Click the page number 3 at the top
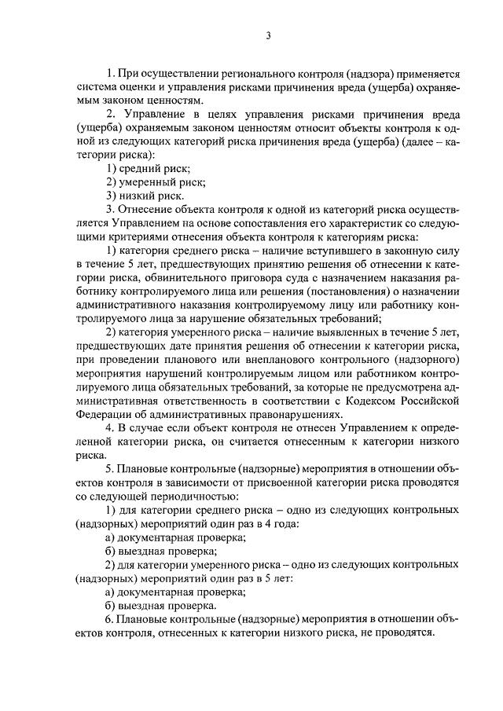click(x=268, y=35)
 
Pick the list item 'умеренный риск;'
click(x=156, y=182)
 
